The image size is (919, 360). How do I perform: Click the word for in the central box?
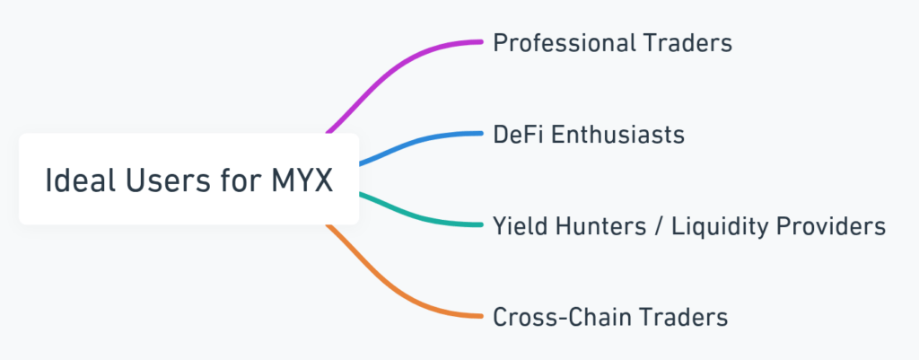(230, 180)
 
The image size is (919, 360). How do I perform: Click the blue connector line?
(413, 144)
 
